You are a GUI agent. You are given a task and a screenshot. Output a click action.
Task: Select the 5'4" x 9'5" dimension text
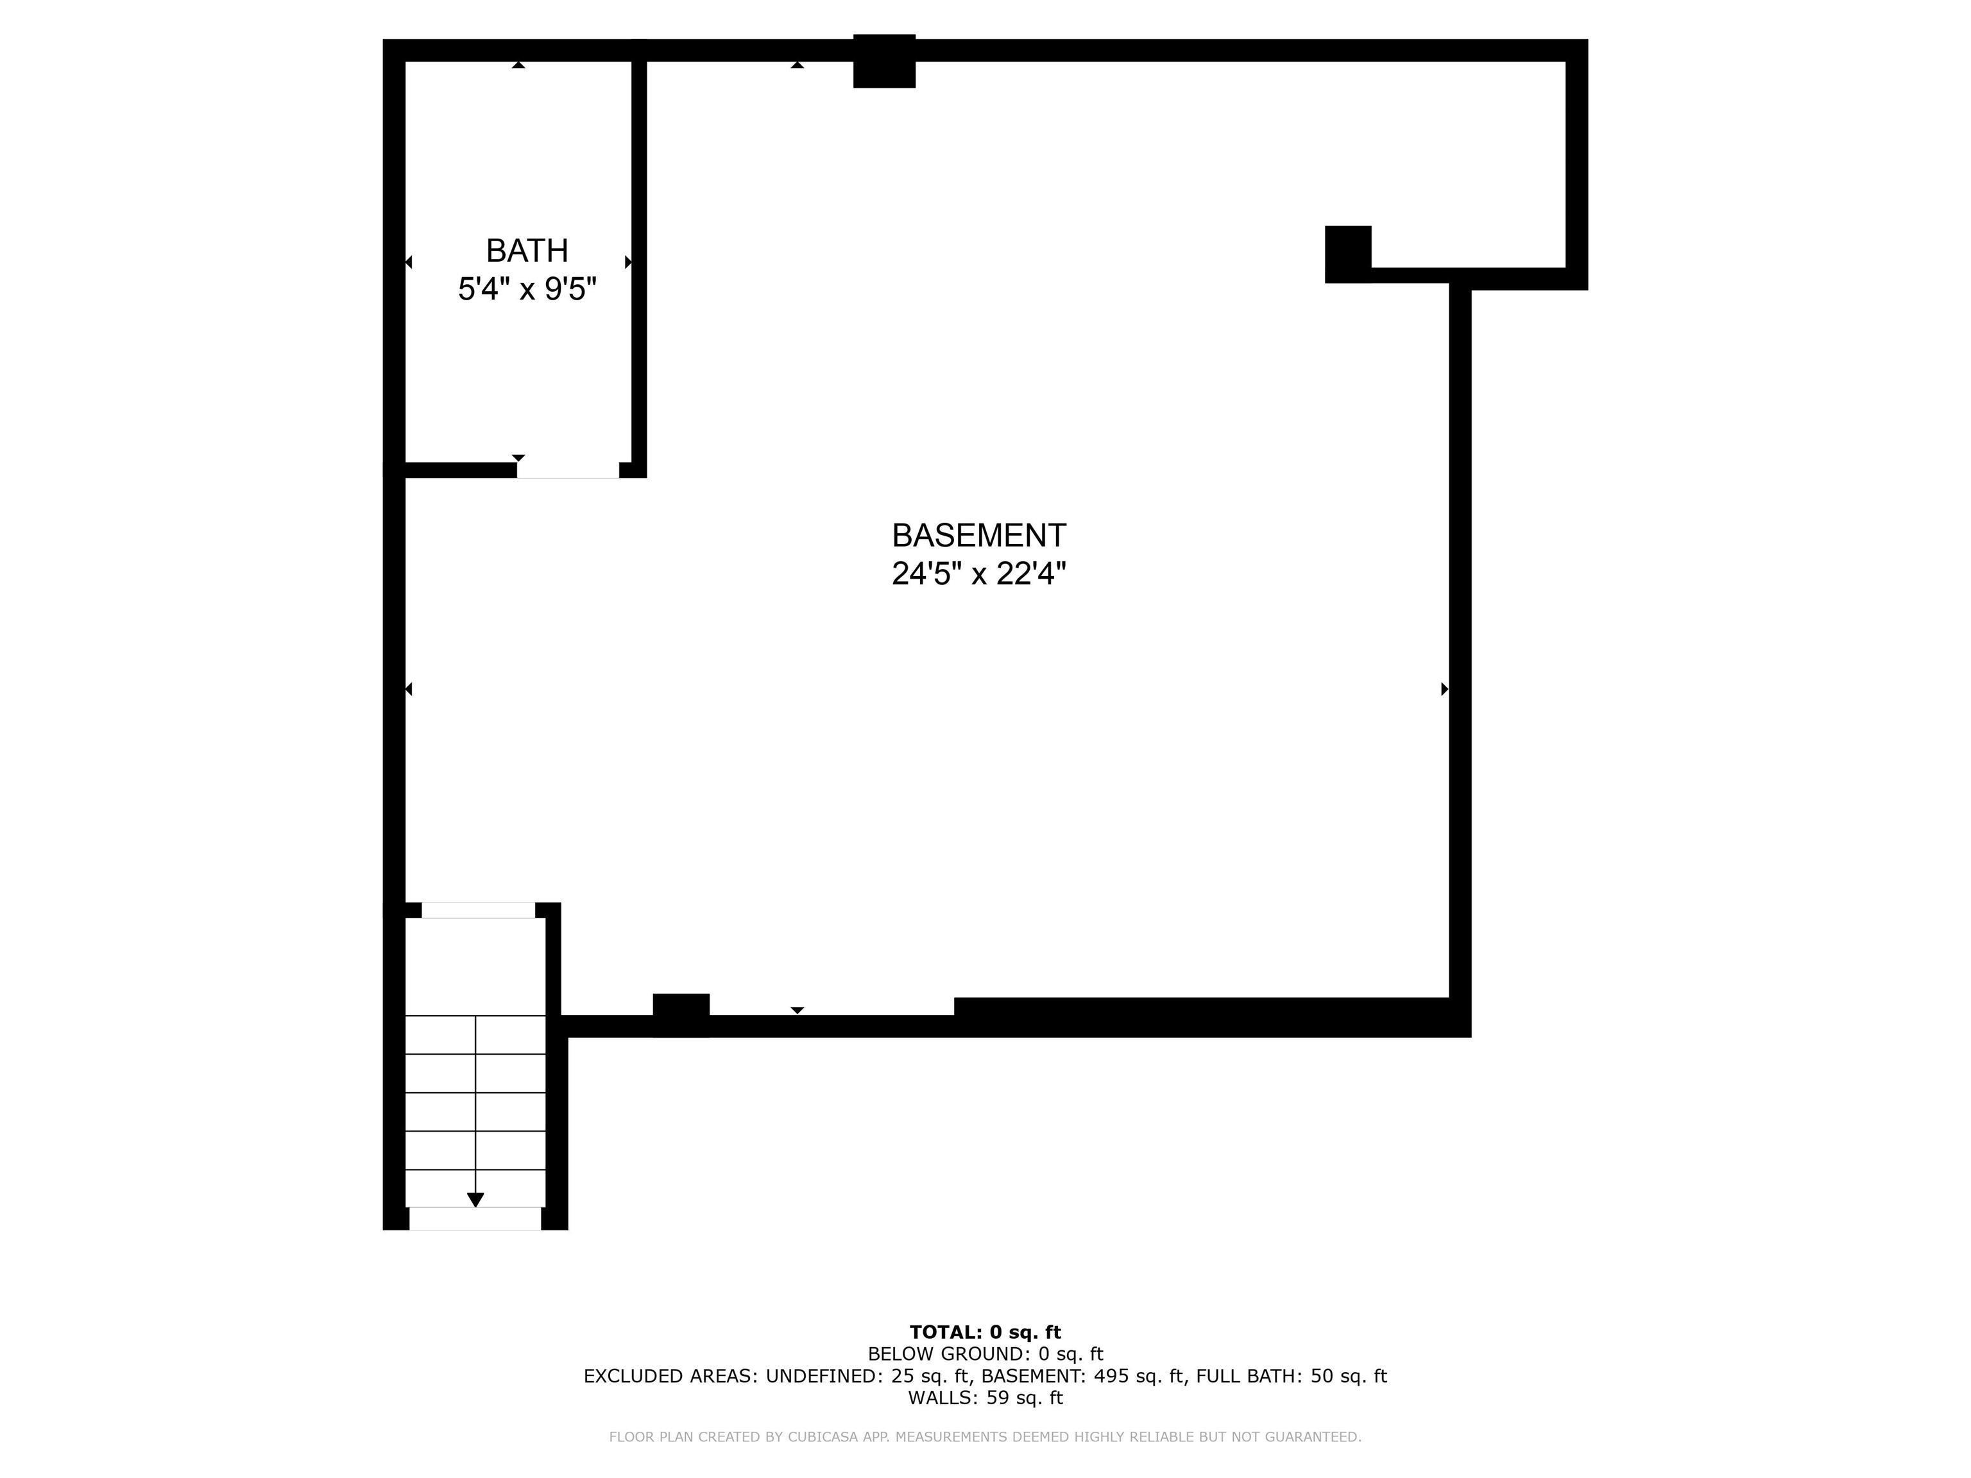point(527,289)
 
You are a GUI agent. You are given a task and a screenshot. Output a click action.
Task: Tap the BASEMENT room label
point(978,536)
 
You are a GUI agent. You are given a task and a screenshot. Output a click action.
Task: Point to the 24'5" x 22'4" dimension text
point(978,573)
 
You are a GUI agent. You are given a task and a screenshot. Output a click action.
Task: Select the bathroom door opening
point(568,470)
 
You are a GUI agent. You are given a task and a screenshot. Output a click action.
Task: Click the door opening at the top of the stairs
point(479,910)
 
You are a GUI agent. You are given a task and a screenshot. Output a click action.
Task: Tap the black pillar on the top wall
point(884,60)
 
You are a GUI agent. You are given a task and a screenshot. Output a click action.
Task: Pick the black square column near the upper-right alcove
point(1347,254)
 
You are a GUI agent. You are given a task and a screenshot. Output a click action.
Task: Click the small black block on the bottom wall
point(681,1015)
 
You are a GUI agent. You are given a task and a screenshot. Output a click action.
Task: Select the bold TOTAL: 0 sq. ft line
point(985,1332)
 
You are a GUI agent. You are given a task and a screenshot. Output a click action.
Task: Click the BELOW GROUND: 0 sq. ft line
point(985,1354)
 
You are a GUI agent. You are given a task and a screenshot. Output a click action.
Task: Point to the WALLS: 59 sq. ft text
point(985,1398)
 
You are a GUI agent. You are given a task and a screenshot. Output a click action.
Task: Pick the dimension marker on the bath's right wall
point(628,262)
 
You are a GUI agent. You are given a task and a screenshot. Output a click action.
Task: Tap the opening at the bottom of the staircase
point(475,1219)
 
